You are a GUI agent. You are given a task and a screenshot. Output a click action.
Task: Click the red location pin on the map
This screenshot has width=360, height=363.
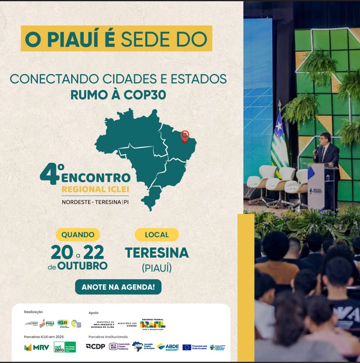tap(184, 136)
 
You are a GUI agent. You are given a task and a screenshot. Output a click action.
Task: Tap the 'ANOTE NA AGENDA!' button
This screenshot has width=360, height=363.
tap(118, 287)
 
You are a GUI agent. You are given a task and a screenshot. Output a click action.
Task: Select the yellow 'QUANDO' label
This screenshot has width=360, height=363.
tap(78, 234)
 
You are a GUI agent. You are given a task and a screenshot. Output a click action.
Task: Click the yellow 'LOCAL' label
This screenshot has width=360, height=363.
tap(157, 234)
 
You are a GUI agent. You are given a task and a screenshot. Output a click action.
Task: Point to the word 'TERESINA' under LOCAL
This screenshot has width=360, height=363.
tap(157, 253)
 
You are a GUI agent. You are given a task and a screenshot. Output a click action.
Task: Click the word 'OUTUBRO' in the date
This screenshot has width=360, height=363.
tap(83, 266)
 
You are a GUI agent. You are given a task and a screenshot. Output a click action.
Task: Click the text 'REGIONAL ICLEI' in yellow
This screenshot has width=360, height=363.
tap(95, 189)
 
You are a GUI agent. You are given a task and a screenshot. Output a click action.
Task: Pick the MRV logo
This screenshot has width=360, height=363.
tap(36, 347)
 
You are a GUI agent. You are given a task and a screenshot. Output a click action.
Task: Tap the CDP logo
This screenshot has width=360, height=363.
tap(95, 347)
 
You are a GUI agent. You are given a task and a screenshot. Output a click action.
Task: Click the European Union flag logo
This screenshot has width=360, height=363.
tap(187, 347)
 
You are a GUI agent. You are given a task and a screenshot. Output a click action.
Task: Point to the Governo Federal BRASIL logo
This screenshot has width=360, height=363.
tap(152, 324)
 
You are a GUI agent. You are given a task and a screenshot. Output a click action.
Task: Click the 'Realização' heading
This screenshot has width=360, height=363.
tap(33, 312)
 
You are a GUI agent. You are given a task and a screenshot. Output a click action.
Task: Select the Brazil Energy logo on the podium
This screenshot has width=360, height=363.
tap(317, 192)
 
